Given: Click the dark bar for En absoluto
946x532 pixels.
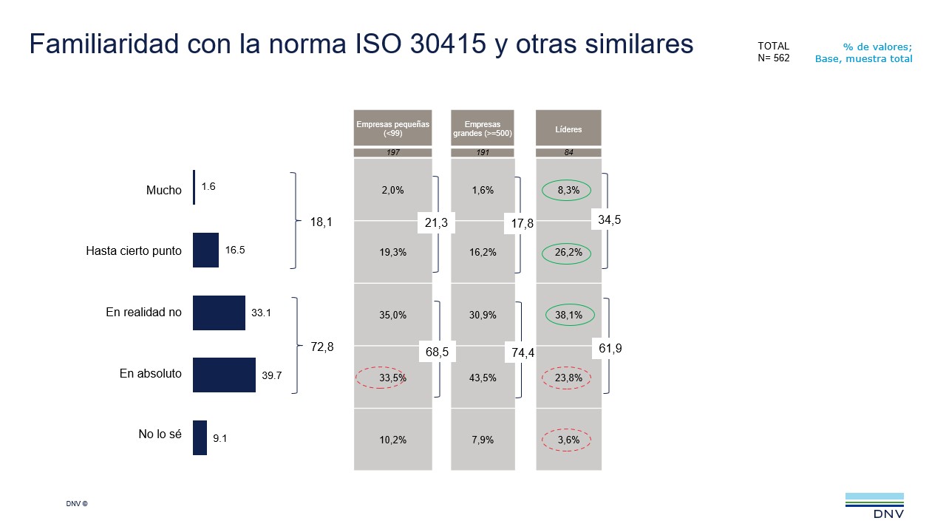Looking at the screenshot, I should [224, 375].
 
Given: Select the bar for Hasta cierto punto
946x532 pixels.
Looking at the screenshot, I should [205, 250].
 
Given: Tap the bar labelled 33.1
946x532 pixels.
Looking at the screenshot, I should [219, 313].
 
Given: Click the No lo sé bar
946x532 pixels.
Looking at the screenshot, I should [200, 437].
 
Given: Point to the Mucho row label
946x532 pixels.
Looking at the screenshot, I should [163, 190].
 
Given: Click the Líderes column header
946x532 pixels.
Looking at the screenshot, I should [568, 129].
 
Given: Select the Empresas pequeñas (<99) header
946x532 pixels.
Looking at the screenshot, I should [392, 129].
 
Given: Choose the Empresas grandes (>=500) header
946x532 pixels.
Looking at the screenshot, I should [483, 129].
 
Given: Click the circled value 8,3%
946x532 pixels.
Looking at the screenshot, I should [568, 190].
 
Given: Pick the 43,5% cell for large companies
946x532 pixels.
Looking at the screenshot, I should [483, 378].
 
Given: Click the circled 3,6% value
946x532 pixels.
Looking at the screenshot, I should [568, 440].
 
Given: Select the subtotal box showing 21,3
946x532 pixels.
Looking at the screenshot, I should [436, 223].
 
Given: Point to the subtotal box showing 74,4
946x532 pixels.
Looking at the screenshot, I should [523, 353].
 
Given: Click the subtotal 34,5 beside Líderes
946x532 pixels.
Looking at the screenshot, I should [610, 219].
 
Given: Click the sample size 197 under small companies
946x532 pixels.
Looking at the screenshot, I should [392, 153].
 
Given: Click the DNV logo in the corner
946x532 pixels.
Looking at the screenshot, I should [874, 505].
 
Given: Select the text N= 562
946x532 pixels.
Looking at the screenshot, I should [773, 58].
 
